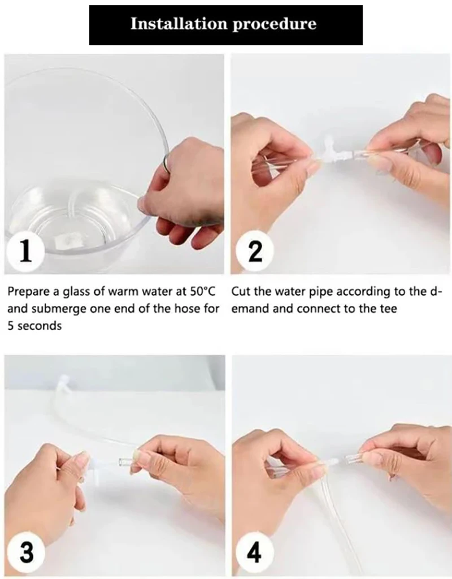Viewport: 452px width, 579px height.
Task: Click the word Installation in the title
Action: click(x=179, y=24)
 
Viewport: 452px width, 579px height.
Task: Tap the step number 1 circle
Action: click(x=25, y=250)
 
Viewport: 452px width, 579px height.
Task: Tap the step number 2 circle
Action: click(x=255, y=250)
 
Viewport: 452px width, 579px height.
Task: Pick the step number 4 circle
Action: click(x=254, y=552)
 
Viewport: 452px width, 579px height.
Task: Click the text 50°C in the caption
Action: click(x=202, y=292)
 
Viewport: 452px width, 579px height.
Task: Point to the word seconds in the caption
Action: click(x=40, y=326)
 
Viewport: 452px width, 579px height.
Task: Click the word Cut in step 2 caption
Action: click(x=241, y=292)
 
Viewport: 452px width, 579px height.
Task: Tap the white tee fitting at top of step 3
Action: click(x=63, y=384)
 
